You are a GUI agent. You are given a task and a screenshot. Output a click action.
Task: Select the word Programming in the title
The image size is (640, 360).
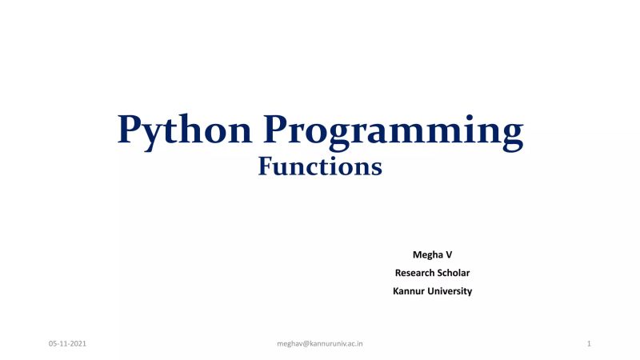[395, 130]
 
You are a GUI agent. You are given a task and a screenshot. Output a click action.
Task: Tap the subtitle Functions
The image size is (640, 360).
[320, 167]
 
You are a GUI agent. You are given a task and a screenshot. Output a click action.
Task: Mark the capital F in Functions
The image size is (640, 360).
[266, 166]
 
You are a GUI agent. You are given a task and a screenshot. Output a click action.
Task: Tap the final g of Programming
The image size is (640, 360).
[511, 134]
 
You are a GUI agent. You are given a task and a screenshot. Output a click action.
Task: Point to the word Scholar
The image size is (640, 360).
[454, 273]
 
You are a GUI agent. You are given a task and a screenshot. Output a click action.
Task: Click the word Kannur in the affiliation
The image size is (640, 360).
[409, 291]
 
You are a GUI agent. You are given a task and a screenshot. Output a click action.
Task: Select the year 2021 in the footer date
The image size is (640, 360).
[78, 343]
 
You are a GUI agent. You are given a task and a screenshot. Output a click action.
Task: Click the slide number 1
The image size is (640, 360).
[588, 343]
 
